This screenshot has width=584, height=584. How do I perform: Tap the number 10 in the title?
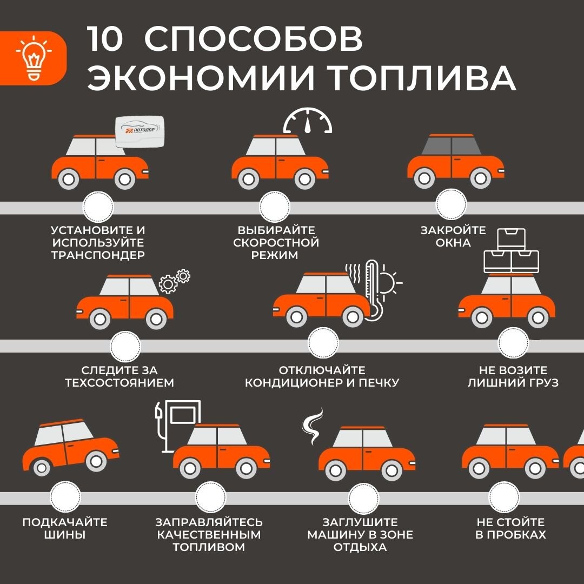[105, 39]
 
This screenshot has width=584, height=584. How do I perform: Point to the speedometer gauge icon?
[308, 120]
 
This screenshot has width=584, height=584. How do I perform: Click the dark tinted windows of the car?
[451, 147]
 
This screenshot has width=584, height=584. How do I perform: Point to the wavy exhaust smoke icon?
[313, 426]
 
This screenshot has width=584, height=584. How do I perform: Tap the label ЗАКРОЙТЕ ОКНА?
[453, 236]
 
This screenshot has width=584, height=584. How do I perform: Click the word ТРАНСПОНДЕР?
[98, 255]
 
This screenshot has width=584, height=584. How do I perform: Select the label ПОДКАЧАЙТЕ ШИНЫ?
[65, 528]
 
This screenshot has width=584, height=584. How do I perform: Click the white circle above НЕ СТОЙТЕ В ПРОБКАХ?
[504, 496]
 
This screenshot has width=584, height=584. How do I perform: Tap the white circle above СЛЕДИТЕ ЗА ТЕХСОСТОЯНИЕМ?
[125, 347]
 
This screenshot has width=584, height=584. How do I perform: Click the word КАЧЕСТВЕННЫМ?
[209, 534]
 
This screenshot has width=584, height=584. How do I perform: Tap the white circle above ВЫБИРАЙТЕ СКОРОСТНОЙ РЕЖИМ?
[275, 207]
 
